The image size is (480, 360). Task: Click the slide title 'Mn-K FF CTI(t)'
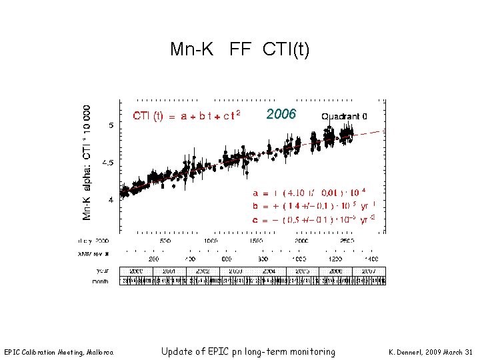[239, 49]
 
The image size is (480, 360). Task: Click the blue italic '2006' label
[281, 114]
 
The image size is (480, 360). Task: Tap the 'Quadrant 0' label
[344, 116]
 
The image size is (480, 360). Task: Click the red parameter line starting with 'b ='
[313, 205]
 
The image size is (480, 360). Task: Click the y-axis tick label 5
[111, 125]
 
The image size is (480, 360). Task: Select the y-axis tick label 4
[111, 199]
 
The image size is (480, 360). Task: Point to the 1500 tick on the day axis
[257, 241]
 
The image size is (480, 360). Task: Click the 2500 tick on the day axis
[347, 241]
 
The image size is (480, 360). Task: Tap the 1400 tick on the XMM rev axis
[371, 258]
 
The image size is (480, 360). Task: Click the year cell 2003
[236, 271]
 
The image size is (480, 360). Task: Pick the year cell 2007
[369, 271]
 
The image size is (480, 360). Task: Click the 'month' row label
[100, 281]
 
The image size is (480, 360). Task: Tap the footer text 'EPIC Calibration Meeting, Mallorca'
[59, 352]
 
